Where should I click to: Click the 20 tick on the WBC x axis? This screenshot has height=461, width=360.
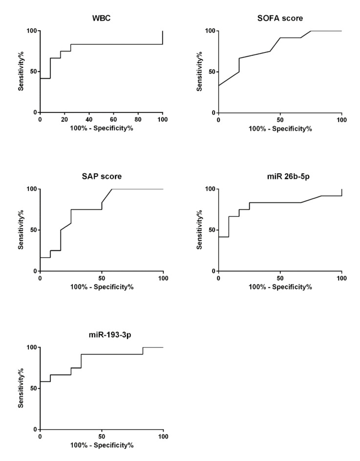click(64, 119)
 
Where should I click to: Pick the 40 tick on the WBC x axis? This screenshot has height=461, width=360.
click(89, 119)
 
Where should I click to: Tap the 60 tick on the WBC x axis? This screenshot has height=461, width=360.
click(114, 119)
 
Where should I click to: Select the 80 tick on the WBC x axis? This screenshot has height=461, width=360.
click(138, 119)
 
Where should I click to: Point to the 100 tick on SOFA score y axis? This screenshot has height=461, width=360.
click(210, 31)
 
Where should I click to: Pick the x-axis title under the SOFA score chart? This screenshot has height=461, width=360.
click(280, 128)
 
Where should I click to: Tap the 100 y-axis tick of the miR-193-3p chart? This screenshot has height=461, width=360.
click(31, 348)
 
